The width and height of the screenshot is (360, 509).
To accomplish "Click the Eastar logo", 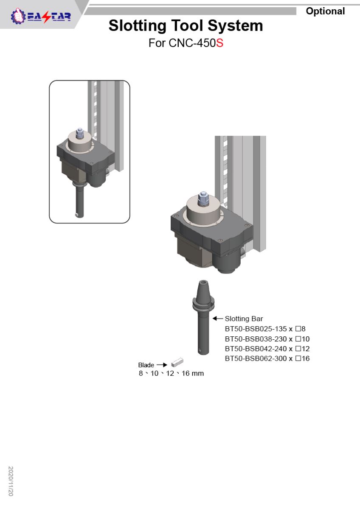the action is click(41, 17).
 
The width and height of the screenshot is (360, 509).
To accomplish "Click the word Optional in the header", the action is click(325, 11).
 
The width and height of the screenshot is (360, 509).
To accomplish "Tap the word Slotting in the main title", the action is click(138, 26).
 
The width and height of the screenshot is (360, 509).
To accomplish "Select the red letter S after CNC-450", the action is click(219, 43).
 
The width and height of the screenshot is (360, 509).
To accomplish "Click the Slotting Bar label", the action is click(244, 319).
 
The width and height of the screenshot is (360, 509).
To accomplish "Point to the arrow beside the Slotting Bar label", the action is click(218, 319).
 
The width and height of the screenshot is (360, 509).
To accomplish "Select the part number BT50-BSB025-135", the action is click(256, 329).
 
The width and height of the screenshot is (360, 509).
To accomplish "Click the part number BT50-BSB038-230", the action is click(256, 339).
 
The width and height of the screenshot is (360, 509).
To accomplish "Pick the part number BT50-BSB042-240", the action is click(256, 349).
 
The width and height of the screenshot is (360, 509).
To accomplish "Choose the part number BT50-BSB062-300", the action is click(256, 358).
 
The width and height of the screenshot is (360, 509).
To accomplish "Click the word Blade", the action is click(146, 365).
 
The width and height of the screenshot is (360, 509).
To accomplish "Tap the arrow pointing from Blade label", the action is click(162, 365).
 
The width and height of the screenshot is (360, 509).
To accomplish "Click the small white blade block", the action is click(177, 362).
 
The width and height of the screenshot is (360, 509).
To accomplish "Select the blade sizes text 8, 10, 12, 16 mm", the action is click(171, 373).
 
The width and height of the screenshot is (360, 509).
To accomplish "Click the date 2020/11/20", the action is click(11, 481).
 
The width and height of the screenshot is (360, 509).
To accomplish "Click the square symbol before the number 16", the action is click(298, 358).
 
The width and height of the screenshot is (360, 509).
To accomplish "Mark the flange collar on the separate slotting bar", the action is click(203, 303).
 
